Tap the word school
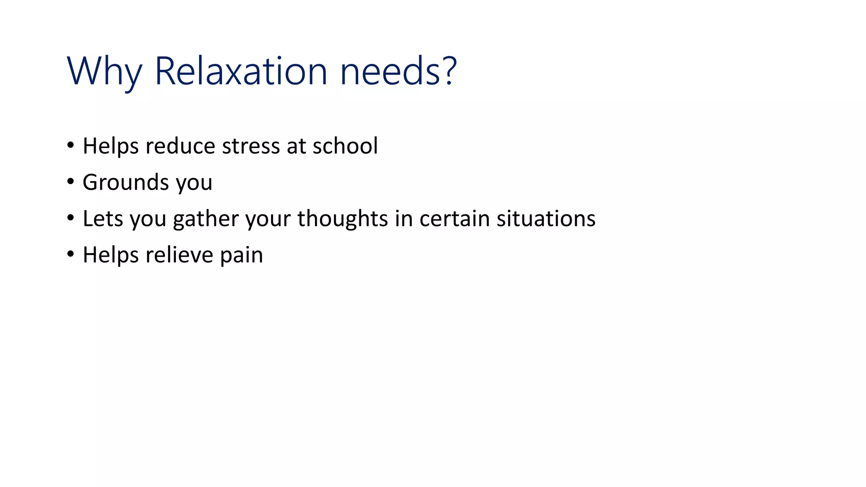(345, 146)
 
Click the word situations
(546, 219)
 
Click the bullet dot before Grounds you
(71, 182)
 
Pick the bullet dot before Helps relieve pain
(71, 254)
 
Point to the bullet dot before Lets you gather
(71, 218)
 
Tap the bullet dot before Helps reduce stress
(71, 145)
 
